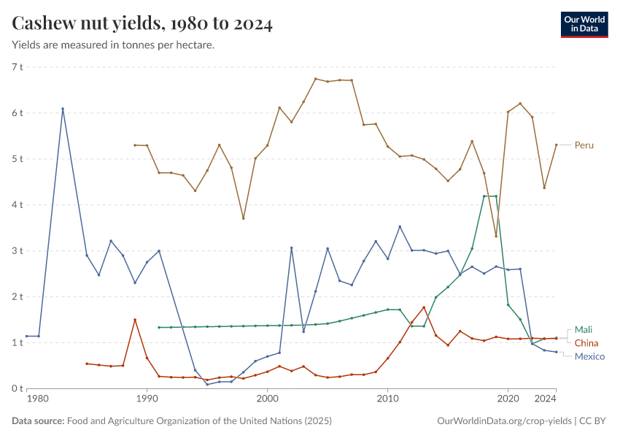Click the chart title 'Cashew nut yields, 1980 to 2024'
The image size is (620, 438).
click(142, 24)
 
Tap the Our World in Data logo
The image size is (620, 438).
click(584, 24)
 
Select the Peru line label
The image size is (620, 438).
click(584, 145)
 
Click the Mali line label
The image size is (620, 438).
click(584, 330)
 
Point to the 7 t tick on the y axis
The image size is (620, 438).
click(17, 67)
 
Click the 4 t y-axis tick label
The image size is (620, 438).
click(17, 205)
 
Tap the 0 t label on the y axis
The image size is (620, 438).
click(17, 388)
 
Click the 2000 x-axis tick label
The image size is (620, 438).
click(267, 400)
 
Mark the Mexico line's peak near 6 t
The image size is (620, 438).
click(63, 109)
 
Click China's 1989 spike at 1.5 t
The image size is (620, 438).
click(135, 320)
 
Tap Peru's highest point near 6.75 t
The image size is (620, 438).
click(315, 79)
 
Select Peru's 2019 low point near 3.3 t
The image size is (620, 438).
click(496, 236)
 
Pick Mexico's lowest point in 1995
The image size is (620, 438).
click(207, 384)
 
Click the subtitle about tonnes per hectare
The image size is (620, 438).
click(113, 45)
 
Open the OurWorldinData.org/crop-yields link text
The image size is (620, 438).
click(504, 421)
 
